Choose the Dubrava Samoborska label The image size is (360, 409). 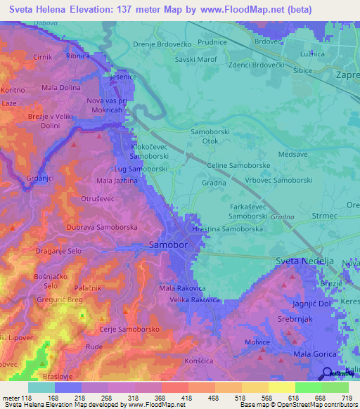pos(102,228)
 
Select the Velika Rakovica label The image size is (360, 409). pos(195,300)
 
